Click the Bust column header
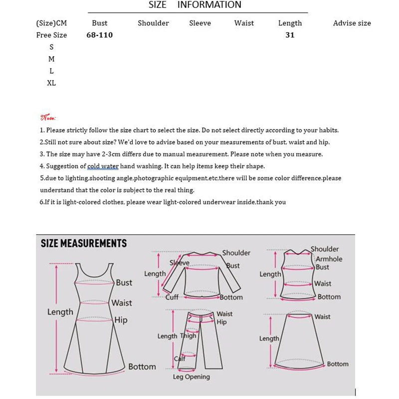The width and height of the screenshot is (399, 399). point(100,23)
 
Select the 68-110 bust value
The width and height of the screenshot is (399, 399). point(100,35)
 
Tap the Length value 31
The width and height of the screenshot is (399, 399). point(290,35)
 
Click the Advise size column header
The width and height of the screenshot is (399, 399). point(352,23)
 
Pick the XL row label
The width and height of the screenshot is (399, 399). point(51,83)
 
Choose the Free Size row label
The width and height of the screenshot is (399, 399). point(51,35)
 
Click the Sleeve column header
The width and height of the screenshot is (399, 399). point(200,23)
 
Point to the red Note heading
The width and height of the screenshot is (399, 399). point(48,118)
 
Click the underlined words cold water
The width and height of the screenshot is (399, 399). point(101,166)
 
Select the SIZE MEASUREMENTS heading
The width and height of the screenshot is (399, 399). point(83,243)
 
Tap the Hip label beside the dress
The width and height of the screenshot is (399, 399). point(121,320)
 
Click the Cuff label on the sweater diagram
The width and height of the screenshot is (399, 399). point(172,297)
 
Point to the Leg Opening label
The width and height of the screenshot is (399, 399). point(192,377)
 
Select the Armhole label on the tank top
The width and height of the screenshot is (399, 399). point(329,259)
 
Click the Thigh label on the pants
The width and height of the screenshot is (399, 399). point(188,336)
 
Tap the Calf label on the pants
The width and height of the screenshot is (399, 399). point(180,358)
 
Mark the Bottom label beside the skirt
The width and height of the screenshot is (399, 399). point(338,364)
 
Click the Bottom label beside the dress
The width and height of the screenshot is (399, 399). point(142,367)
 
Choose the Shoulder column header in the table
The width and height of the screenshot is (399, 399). point(153,23)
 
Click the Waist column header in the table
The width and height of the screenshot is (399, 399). point(244,23)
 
